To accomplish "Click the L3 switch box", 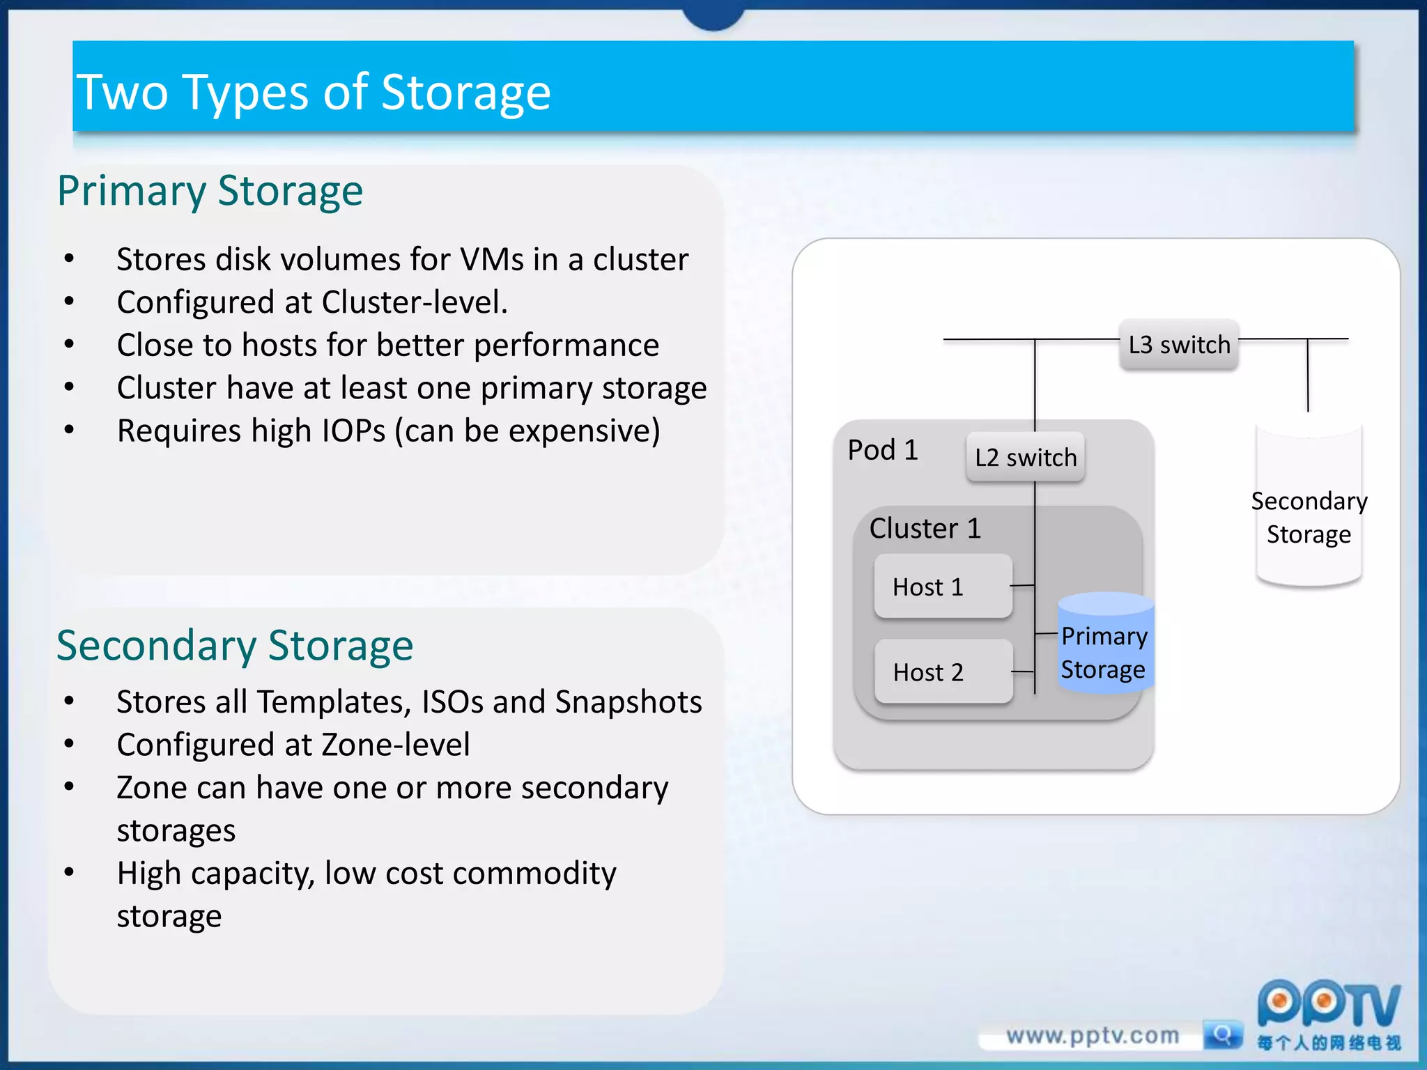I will [1178, 345].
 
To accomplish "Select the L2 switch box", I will [1025, 458].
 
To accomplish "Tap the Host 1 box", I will [943, 587].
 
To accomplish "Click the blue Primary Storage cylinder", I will [1105, 644].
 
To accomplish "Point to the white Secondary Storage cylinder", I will [1308, 509].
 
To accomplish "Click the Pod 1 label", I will [882, 450].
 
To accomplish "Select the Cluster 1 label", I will [925, 528].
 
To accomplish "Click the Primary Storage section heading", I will [210, 191].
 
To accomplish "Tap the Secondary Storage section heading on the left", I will [235, 646].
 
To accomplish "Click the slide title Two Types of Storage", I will [314, 92].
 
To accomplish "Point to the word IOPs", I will [353, 431].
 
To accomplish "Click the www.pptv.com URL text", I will [1092, 1036].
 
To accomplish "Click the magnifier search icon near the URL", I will [1222, 1034].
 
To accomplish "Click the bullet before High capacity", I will [69, 872].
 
